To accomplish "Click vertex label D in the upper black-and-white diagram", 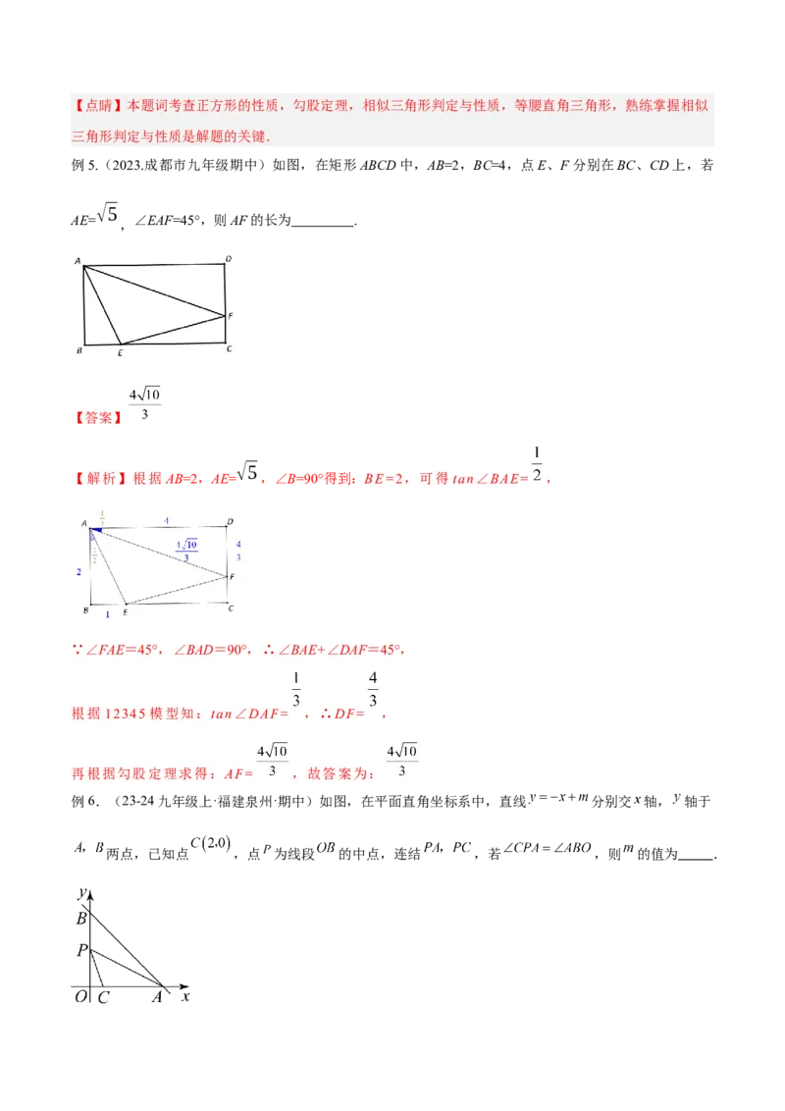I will [x=228, y=259].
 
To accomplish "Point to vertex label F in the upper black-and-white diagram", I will [x=231, y=316].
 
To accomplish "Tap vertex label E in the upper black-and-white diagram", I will [x=120, y=351].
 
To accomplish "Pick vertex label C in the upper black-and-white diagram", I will [x=229, y=348].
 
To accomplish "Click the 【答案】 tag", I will [x=97, y=416].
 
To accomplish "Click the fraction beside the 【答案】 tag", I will [x=144, y=404].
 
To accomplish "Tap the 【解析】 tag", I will [x=99, y=479].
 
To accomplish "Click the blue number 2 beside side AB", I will [x=79, y=571].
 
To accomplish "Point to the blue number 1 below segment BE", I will [x=108, y=613].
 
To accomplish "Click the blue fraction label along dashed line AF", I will [x=186, y=550].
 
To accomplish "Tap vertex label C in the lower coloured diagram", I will [x=230, y=608].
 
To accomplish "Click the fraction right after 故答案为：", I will [x=402, y=761].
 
